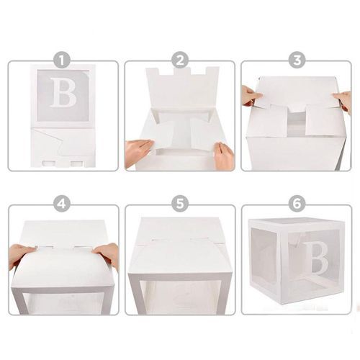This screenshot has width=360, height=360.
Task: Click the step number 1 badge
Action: click(x=62, y=60)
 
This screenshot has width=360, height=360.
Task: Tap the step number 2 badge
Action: click(x=180, y=60)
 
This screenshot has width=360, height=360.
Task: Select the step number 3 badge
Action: click(x=297, y=60)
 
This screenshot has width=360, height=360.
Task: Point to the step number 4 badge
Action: click(x=62, y=204)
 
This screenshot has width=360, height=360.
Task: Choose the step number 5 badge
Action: click(x=180, y=204)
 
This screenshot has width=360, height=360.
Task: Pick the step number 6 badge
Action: click(x=297, y=204)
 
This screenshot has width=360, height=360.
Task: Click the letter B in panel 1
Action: click(x=63, y=92)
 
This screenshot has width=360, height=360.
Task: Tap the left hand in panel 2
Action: click(x=139, y=152)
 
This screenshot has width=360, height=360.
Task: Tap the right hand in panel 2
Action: click(x=222, y=154)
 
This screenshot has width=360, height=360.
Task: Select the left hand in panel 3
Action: click(x=251, y=96)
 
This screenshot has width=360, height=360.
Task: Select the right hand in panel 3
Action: click(x=343, y=101)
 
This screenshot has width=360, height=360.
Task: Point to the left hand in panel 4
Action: click(x=22, y=255)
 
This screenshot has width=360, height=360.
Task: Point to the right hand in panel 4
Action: click(x=107, y=254)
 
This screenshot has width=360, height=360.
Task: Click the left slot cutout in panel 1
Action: click(x=49, y=164)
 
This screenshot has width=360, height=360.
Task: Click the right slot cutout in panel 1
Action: click(x=77, y=164)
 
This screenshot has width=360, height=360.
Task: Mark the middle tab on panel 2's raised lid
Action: click(x=182, y=71)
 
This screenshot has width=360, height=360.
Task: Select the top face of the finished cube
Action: click(x=297, y=222)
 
